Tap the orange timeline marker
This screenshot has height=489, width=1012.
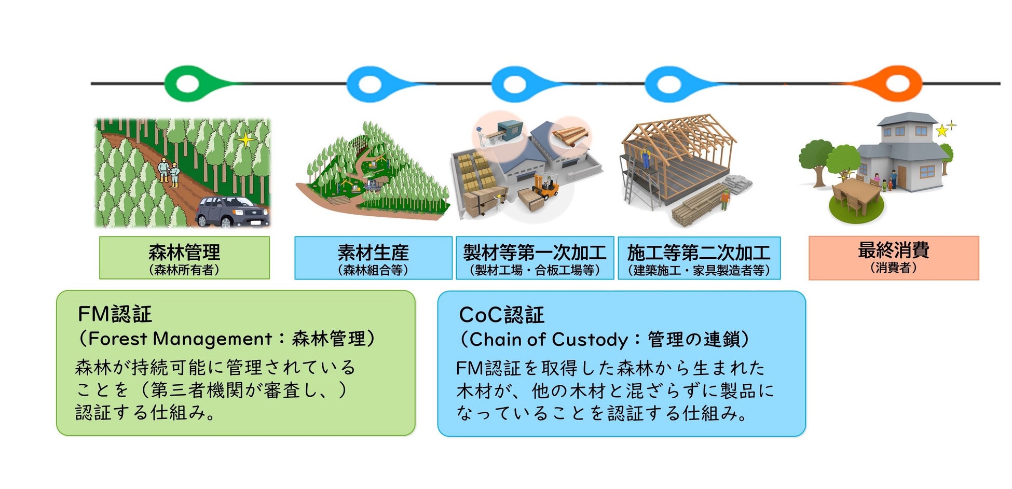click(897, 83)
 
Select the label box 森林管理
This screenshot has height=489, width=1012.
click(184, 258)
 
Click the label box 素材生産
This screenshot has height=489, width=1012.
click(373, 258)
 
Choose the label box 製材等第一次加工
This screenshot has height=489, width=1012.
click(535, 258)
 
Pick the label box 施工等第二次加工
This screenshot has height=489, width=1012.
click(699, 258)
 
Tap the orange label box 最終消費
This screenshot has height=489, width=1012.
click(893, 258)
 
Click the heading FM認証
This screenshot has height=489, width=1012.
click(115, 314)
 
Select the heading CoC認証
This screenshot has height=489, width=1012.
click(501, 315)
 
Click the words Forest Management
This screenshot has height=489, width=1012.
click(180, 339)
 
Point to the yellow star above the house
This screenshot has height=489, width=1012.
click(941, 130)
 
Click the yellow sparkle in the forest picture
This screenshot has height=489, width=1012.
click(244, 139)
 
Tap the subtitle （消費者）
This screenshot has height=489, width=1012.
click(893, 268)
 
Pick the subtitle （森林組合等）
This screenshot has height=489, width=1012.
click(373, 270)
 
